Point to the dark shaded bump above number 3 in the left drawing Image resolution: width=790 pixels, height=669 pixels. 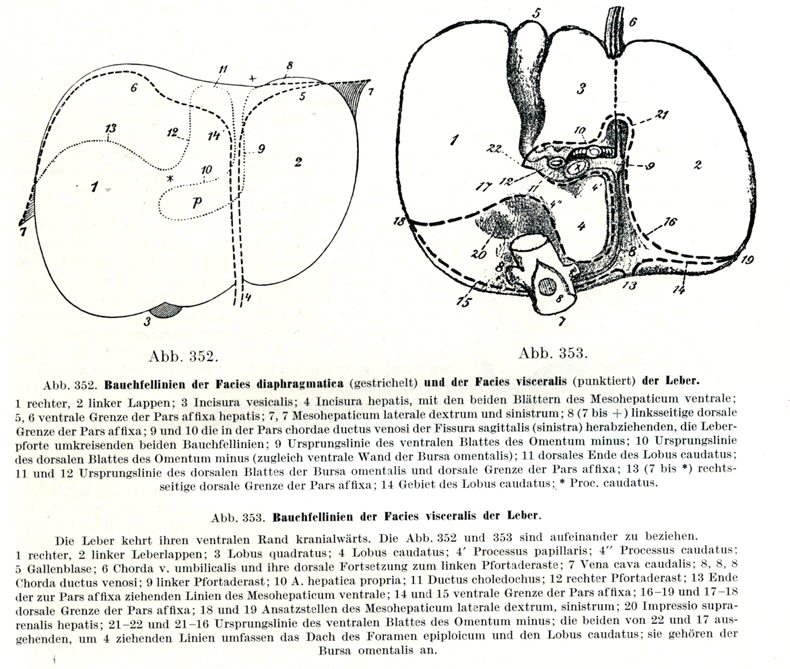coord(165,309)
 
